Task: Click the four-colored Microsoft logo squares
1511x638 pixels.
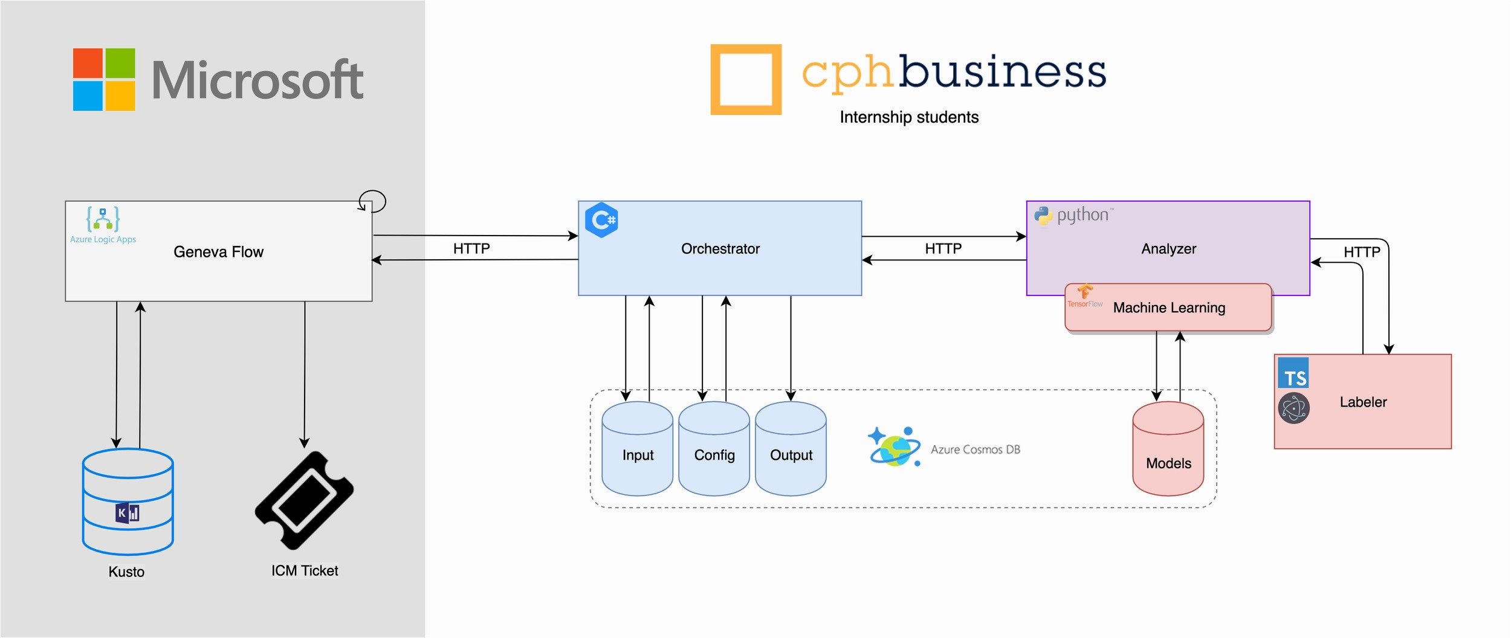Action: pyautogui.click(x=104, y=80)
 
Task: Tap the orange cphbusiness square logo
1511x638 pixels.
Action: pyautogui.click(x=746, y=79)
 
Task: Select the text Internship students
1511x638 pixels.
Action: pyautogui.click(x=909, y=117)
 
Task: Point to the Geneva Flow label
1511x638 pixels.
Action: pyautogui.click(x=218, y=252)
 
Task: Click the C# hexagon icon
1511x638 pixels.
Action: pyautogui.click(x=601, y=220)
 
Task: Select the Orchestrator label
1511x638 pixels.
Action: pyautogui.click(x=720, y=249)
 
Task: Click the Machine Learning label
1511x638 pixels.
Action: pyautogui.click(x=1169, y=308)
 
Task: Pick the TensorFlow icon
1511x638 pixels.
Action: pyautogui.click(x=1085, y=296)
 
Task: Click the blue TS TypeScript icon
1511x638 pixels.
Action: pyautogui.click(x=1293, y=373)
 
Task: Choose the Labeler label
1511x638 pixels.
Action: pyautogui.click(x=1363, y=402)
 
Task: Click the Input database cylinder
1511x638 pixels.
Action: pyautogui.click(x=638, y=449)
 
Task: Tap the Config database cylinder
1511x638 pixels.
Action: pyautogui.click(x=714, y=449)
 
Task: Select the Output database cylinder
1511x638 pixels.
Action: pyautogui.click(x=791, y=449)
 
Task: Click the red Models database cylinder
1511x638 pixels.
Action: pyautogui.click(x=1168, y=449)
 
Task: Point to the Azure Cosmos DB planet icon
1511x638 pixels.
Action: pyautogui.click(x=895, y=447)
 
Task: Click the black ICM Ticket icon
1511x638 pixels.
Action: pyautogui.click(x=304, y=501)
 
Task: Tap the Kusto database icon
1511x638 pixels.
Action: pyautogui.click(x=128, y=502)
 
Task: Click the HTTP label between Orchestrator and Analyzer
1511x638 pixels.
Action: pyautogui.click(x=943, y=249)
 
